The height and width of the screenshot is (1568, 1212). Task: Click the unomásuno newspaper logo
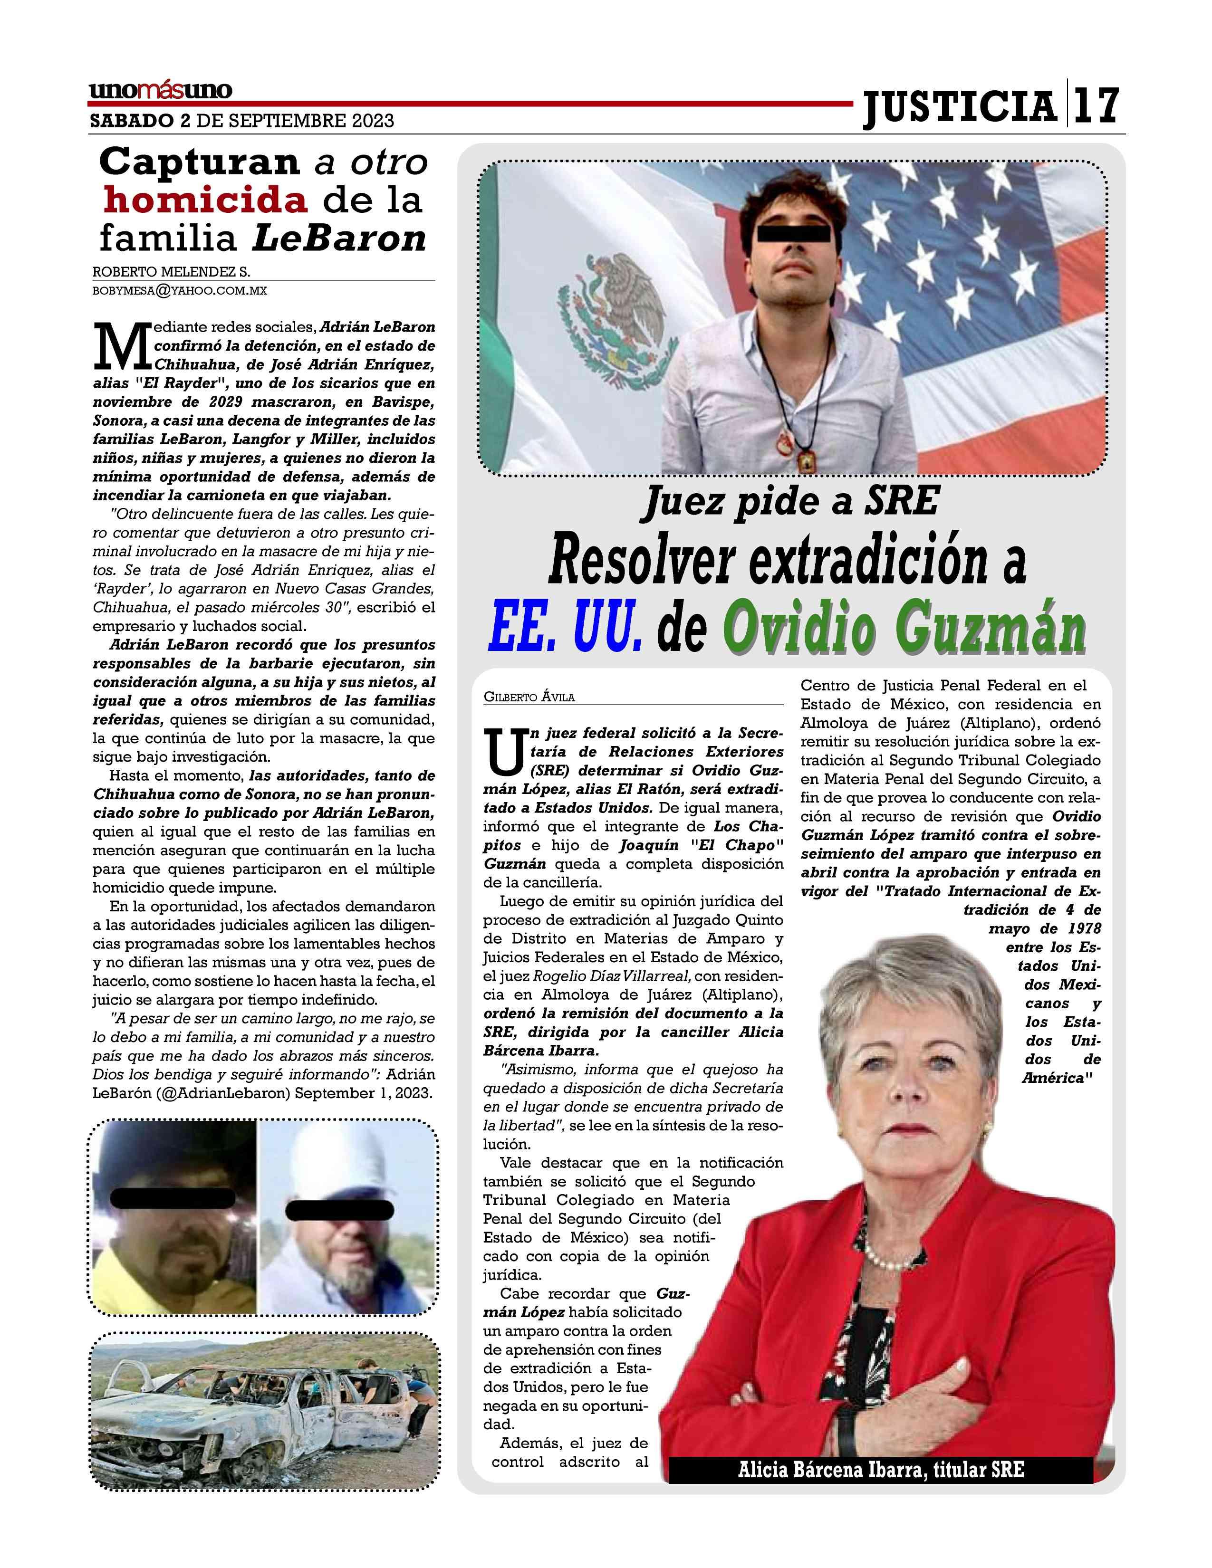[x=160, y=90]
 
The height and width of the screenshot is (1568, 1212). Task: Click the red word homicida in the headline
[x=205, y=200]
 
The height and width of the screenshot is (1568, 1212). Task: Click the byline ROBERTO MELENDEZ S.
[x=171, y=272]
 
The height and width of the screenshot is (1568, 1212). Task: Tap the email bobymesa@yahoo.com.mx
[x=180, y=291]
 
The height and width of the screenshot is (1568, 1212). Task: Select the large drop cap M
[x=122, y=346]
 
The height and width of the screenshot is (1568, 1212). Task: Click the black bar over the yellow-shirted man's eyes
[x=173, y=1197]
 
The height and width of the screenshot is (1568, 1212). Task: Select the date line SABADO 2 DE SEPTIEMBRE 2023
[x=242, y=121]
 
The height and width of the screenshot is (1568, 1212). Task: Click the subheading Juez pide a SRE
[x=790, y=501]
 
